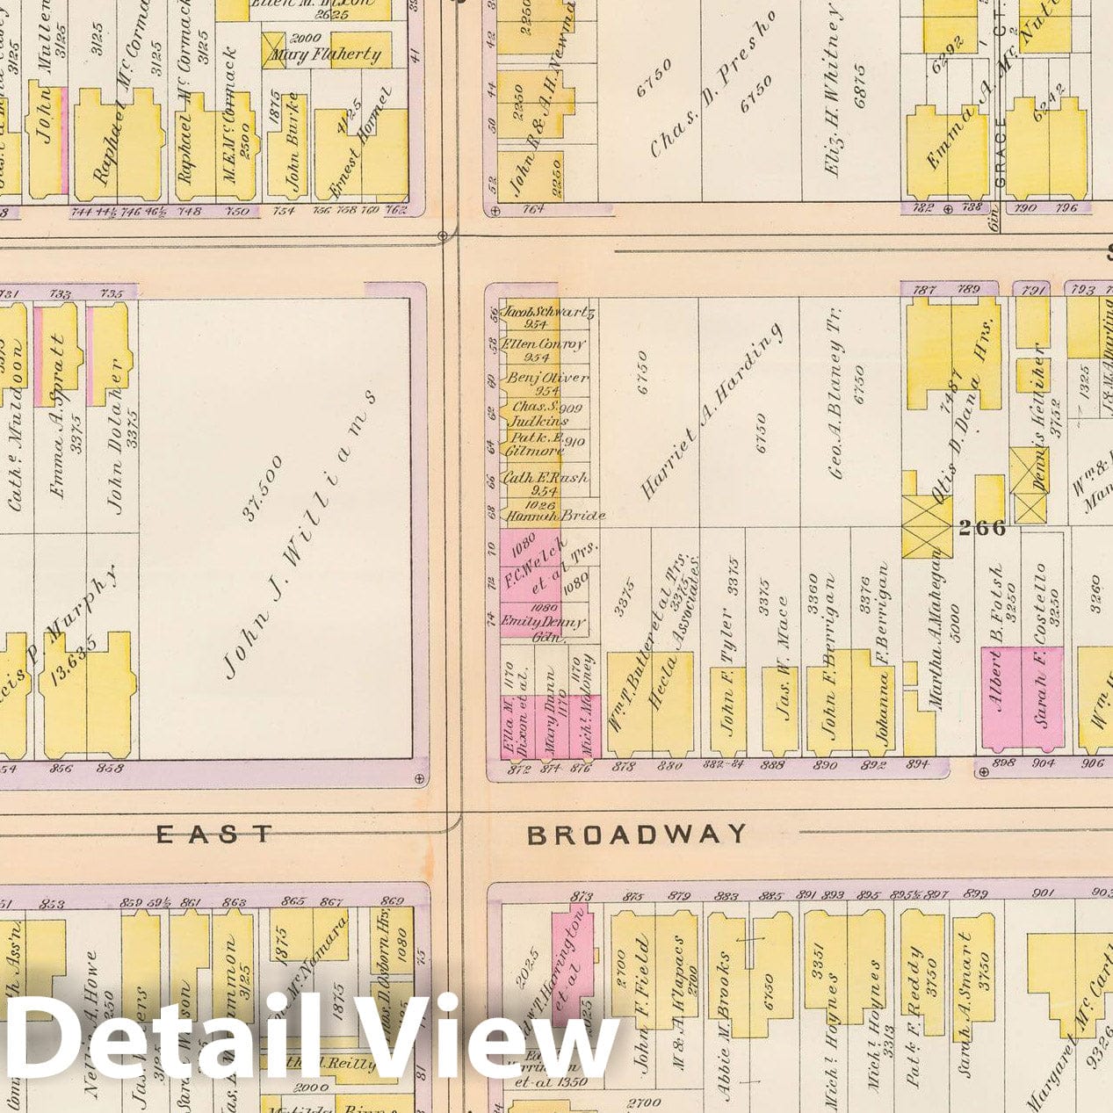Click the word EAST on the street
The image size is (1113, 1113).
coord(214,834)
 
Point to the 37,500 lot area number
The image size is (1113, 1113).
coord(264,488)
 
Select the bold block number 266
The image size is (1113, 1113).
coord(982,529)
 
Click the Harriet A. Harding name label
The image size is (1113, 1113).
coord(712,413)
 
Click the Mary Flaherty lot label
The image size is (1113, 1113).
coord(326,55)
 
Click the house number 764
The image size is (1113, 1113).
coord(534,210)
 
